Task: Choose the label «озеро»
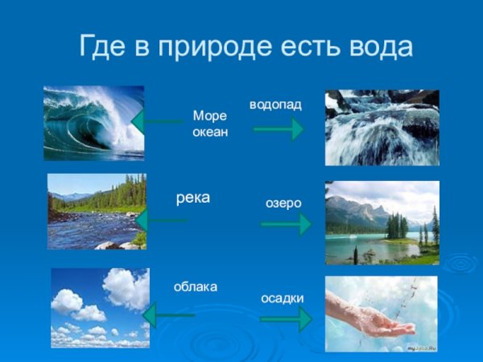[283, 204]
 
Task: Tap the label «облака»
[196, 286]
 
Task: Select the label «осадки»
[283, 298]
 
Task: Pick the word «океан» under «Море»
[210, 131]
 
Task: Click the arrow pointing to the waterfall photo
[279, 128]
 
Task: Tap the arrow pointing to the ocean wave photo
[157, 122]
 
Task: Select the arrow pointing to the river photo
[161, 220]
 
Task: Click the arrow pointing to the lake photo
[286, 224]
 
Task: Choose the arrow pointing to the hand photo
[286, 319]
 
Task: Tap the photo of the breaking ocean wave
[93, 123]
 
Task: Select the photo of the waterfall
[382, 127]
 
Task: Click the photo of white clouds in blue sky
[100, 307]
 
